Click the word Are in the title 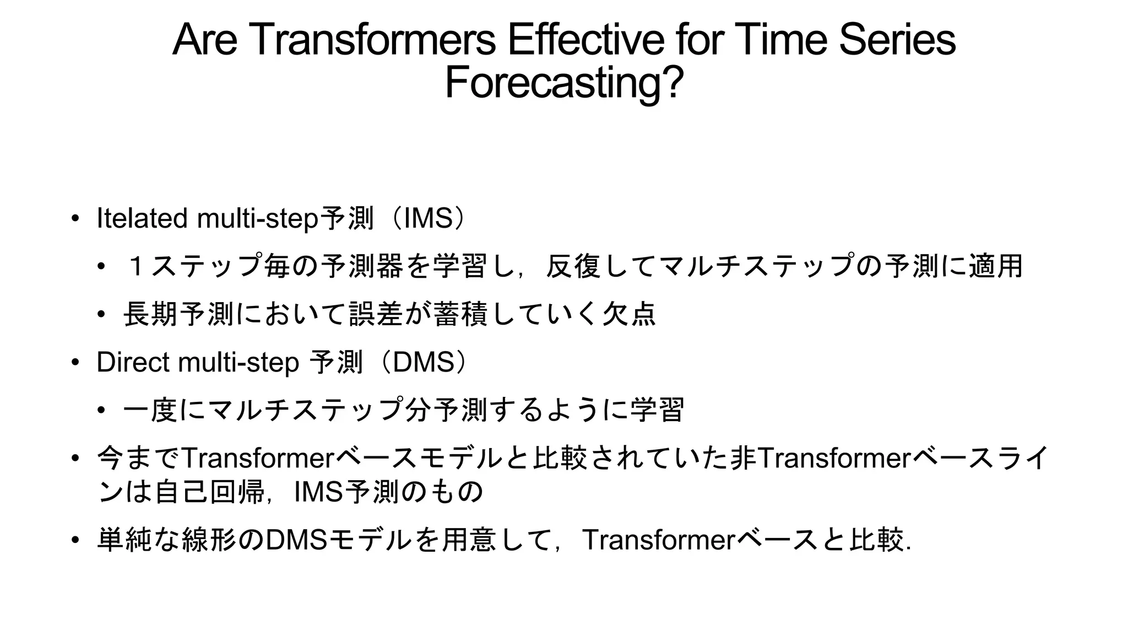coord(204,40)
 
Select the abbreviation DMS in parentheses coord(424,362)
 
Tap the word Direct coord(132,362)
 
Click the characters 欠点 coord(628,314)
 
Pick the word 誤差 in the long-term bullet coord(377,314)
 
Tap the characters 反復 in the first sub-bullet coord(573,266)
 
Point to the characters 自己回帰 coord(210,492)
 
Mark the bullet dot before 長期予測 coord(101,314)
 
